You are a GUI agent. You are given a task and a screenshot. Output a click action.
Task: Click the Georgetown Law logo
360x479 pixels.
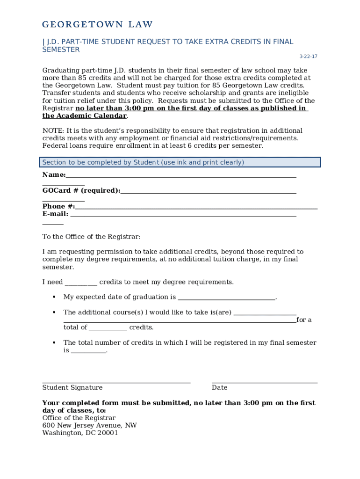(97, 24)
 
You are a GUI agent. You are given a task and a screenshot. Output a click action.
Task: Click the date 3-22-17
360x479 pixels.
(308, 57)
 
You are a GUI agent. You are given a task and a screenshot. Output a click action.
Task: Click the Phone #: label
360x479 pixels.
(58, 206)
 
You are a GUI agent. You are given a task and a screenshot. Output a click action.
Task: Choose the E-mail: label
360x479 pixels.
(56, 214)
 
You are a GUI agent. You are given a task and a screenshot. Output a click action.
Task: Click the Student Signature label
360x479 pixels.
(72, 387)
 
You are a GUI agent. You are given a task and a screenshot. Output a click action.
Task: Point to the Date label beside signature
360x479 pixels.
(219, 387)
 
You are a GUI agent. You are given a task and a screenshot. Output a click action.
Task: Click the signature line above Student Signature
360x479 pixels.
(116, 382)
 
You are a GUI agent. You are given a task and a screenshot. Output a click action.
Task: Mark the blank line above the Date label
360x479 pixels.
(264, 382)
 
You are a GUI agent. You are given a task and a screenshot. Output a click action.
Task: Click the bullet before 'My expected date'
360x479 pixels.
(54, 297)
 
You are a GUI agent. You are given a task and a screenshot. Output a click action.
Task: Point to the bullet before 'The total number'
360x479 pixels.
(54, 343)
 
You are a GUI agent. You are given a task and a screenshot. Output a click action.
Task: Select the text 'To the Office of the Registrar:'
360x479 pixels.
(91, 237)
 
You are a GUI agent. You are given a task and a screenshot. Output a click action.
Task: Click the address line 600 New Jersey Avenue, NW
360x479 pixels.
(89, 425)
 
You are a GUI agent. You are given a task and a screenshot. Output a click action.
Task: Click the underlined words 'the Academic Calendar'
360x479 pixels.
(84, 116)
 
